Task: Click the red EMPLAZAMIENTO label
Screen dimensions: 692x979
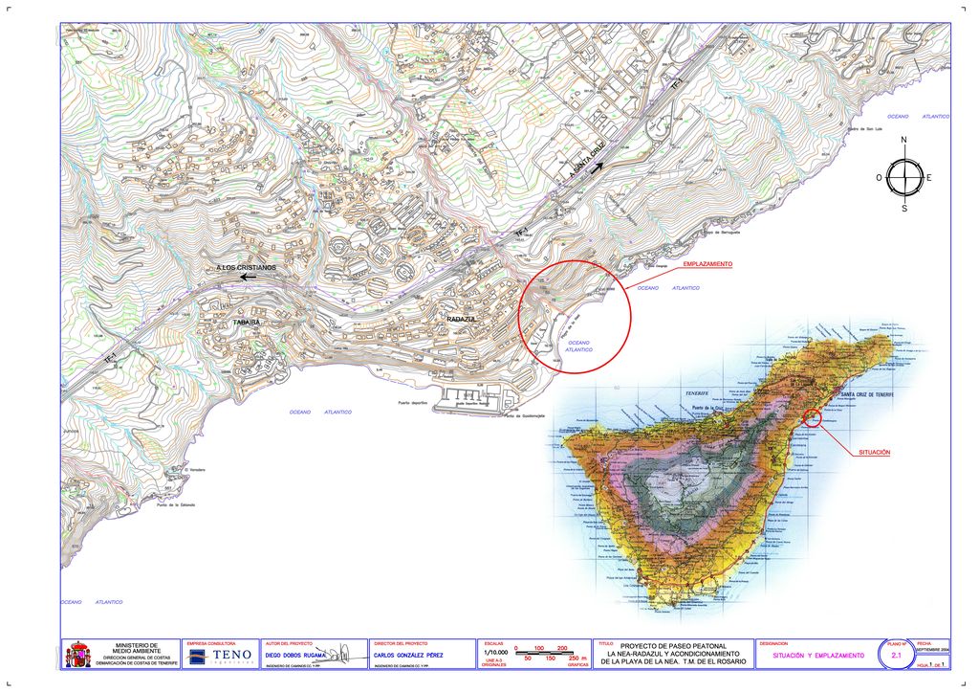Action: point(707,263)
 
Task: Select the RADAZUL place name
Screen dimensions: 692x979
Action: point(462,318)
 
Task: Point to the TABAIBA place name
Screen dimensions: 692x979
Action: point(246,323)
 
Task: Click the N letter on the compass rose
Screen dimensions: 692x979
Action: point(903,141)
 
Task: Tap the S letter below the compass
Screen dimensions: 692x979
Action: point(903,208)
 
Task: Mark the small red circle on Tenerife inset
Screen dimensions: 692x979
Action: point(812,416)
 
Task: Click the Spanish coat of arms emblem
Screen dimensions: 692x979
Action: point(76,656)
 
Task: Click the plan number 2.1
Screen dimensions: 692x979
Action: point(897,655)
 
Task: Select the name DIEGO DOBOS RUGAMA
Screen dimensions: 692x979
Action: point(295,656)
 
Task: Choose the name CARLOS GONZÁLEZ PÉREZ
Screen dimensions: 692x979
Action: point(409,656)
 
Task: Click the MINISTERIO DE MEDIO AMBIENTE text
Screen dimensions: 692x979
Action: point(137,648)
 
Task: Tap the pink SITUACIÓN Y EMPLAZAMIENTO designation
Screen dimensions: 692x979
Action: point(818,656)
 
